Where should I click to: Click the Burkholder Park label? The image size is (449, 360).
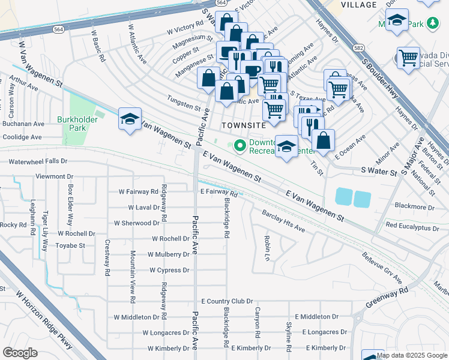point(77,124)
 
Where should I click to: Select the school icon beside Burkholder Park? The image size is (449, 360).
point(129,119)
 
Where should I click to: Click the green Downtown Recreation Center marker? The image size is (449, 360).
point(240,145)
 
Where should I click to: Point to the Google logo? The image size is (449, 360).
point(20,352)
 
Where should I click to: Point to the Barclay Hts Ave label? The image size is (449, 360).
point(283,221)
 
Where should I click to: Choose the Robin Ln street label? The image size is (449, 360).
point(266,247)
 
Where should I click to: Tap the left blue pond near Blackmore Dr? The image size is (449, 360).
point(344,197)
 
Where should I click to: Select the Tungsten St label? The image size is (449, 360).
point(184,107)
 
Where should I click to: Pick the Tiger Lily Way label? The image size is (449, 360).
point(45,230)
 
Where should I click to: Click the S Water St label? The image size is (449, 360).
point(379,173)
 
